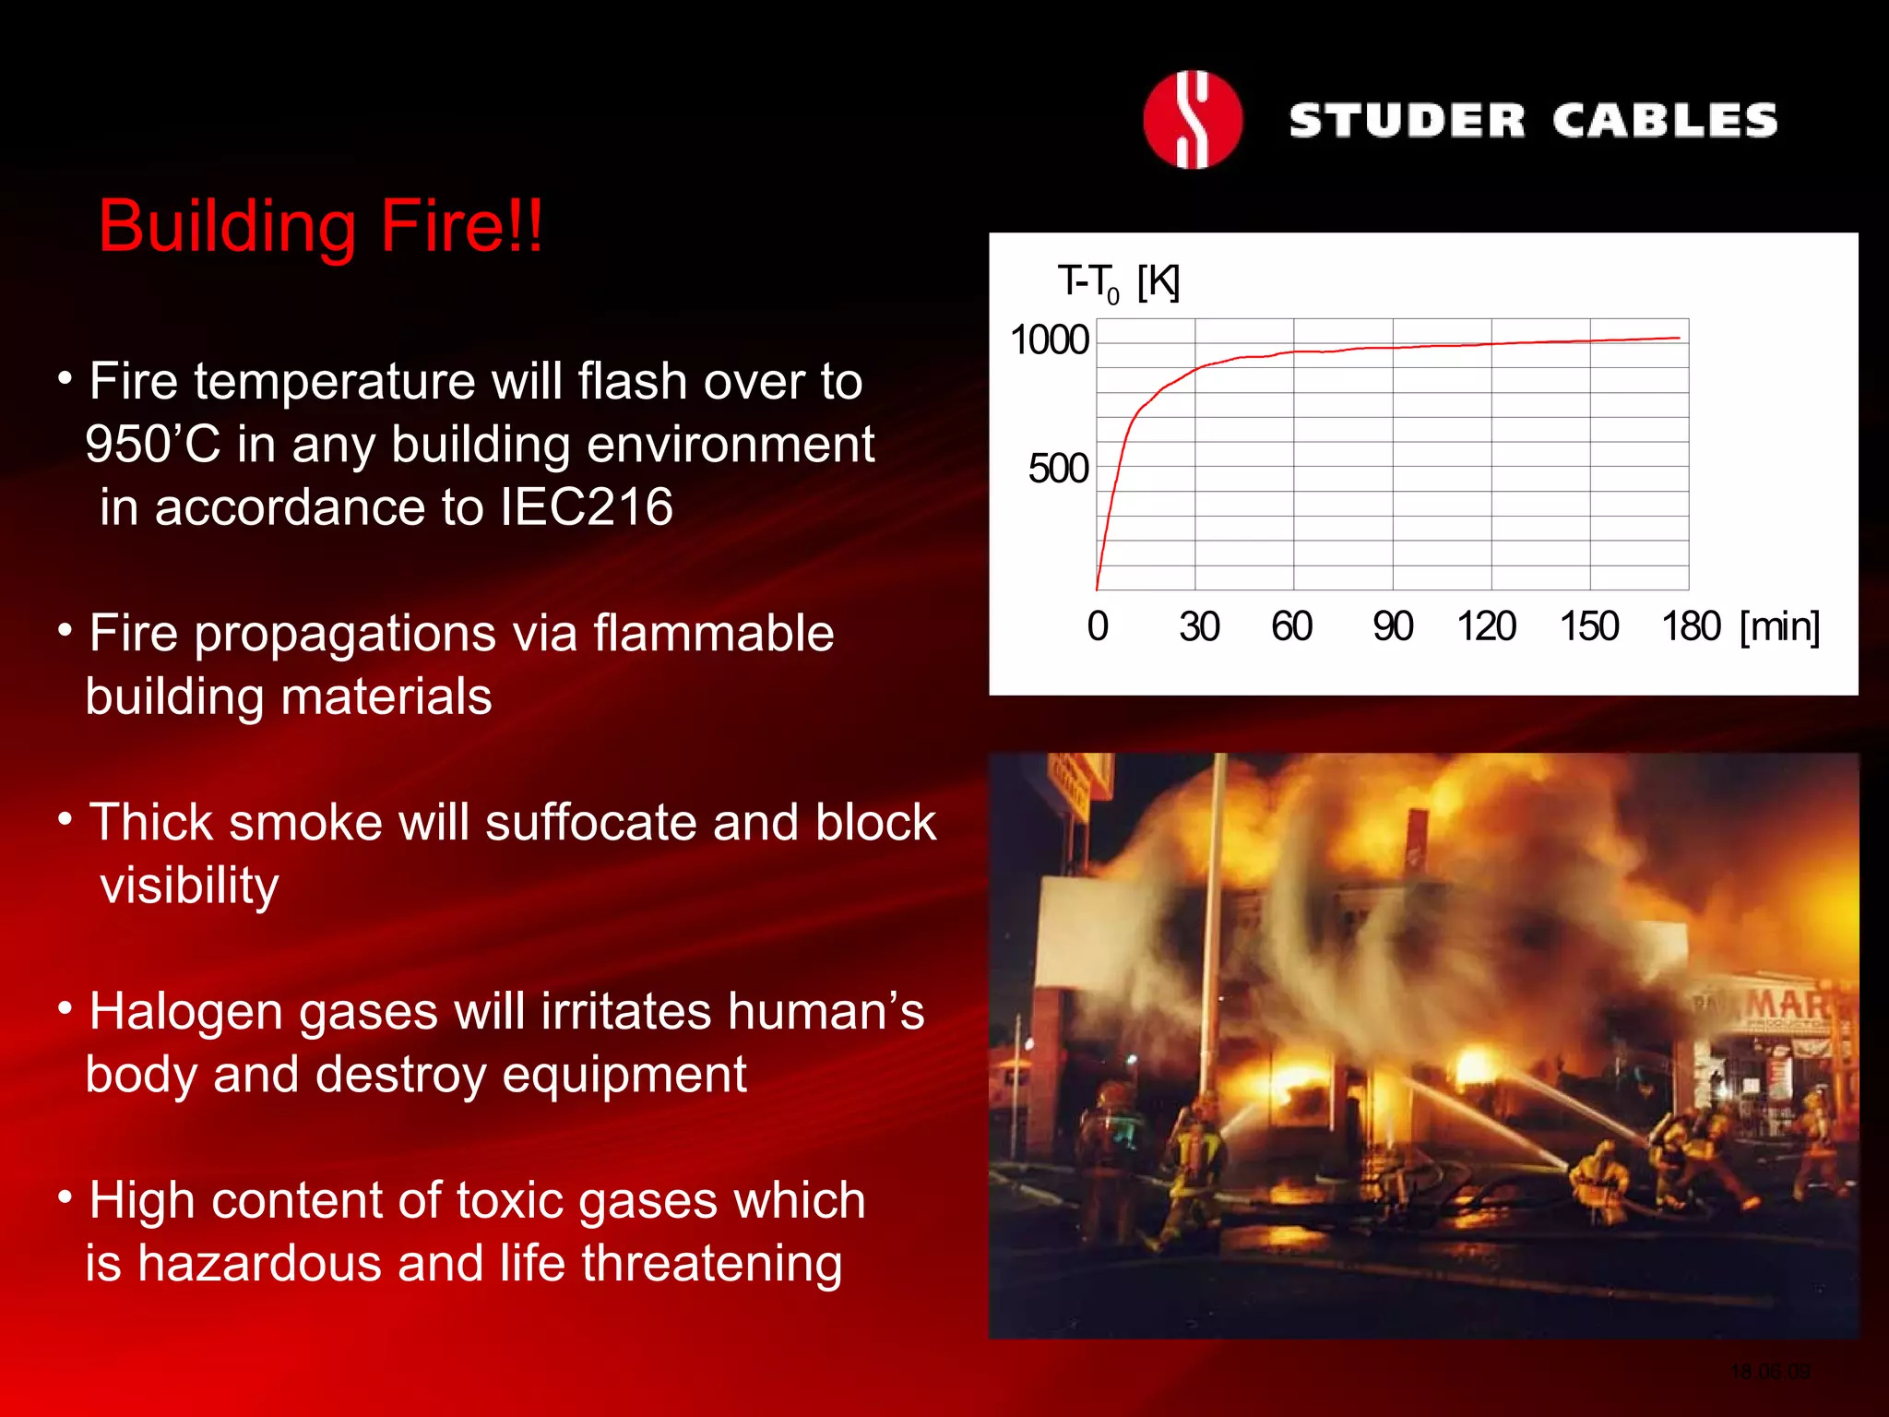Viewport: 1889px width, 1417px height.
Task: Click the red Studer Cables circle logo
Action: click(x=1192, y=120)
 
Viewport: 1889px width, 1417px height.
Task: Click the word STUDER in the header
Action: click(x=1407, y=121)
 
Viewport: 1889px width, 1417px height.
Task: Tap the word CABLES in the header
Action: click(x=1665, y=121)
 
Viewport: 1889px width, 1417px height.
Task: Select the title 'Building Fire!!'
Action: click(x=321, y=226)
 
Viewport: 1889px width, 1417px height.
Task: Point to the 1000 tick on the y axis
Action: click(x=1050, y=340)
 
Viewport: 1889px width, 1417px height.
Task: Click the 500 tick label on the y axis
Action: click(x=1059, y=469)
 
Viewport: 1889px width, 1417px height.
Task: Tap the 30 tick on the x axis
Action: click(x=1199, y=626)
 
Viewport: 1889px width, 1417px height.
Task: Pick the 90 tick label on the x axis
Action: click(x=1393, y=626)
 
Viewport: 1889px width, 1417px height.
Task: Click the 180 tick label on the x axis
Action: click(x=1691, y=626)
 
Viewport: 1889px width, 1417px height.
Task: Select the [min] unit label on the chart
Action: click(x=1779, y=626)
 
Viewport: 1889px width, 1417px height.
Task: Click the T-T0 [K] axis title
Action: click(x=1118, y=282)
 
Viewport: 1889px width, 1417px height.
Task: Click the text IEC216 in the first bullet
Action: click(x=587, y=507)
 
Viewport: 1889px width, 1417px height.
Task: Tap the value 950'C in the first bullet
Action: click(x=153, y=445)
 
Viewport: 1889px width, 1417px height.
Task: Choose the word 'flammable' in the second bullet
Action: click(x=713, y=634)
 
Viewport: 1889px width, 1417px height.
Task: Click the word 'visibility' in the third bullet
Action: click(x=189, y=886)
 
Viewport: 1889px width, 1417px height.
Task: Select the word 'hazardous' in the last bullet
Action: click(x=259, y=1263)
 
